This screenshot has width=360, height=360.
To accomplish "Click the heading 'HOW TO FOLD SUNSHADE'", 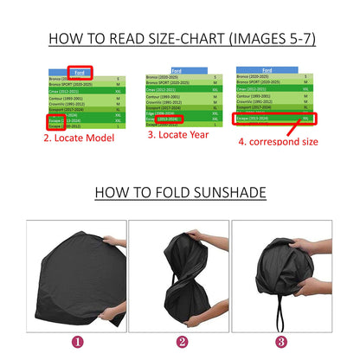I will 179,191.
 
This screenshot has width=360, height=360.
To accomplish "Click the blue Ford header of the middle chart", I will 177,70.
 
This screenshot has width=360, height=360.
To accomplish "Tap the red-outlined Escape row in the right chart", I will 277,119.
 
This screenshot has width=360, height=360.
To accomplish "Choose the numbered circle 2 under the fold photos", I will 179,341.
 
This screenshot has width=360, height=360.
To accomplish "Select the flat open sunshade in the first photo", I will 65,277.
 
